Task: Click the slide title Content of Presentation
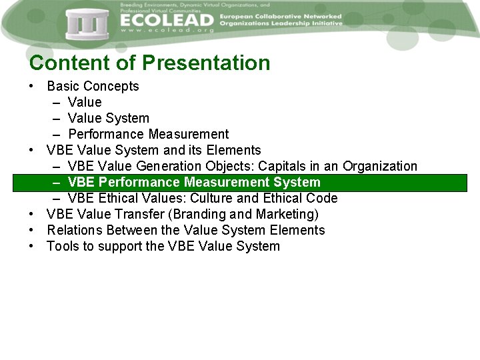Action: pyautogui.click(x=150, y=63)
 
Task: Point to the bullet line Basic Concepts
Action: pyautogui.click(x=93, y=86)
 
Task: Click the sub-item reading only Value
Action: pyautogui.click(x=85, y=102)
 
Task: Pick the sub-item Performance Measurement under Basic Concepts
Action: pyautogui.click(x=148, y=134)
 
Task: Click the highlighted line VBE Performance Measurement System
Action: pyautogui.click(x=194, y=182)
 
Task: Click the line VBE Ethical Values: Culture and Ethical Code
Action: pyautogui.click(x=203, y=198)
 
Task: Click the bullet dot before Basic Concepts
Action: pyautogui.click(x=32, y=87)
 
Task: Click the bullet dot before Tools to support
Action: pyautogui.click(x=32, y=247)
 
